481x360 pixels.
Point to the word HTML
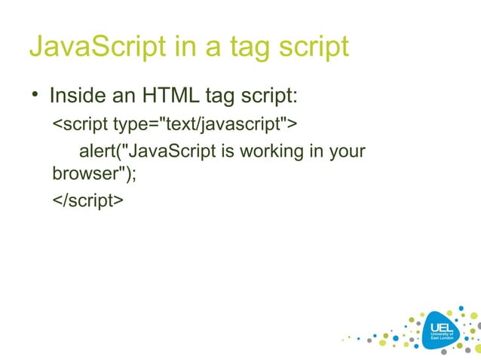pos(164,96)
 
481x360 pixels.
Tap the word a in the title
pos(213,47)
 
